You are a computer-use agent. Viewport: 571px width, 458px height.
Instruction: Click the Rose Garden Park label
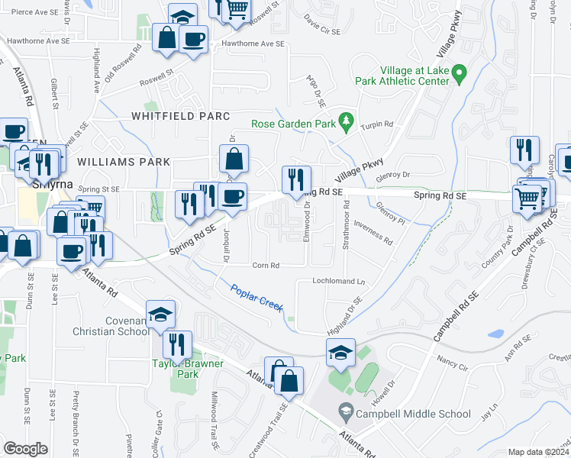[294, 124]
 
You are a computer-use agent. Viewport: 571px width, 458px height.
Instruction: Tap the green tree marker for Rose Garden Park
[347, 121]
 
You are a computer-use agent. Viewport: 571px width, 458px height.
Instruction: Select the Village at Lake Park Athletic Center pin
[458, 75]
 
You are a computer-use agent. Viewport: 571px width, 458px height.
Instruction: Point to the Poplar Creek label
[256, 296]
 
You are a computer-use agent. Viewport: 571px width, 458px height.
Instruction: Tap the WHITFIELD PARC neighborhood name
[180, 116]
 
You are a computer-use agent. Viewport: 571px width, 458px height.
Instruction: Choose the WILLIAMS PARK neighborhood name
[123, 162]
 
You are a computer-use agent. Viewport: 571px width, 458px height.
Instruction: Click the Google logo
[25, 448]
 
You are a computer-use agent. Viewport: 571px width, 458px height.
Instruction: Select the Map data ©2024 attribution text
[537, 452]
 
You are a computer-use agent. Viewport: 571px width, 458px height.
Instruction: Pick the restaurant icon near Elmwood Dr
[296, 180]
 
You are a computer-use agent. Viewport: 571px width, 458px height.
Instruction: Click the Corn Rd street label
[266, 266]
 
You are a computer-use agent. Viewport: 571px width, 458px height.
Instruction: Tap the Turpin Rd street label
[376, 124]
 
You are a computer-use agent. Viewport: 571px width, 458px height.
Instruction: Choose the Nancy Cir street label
[451, 359]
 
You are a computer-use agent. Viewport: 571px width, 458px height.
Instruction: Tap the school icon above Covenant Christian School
[160, 315]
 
